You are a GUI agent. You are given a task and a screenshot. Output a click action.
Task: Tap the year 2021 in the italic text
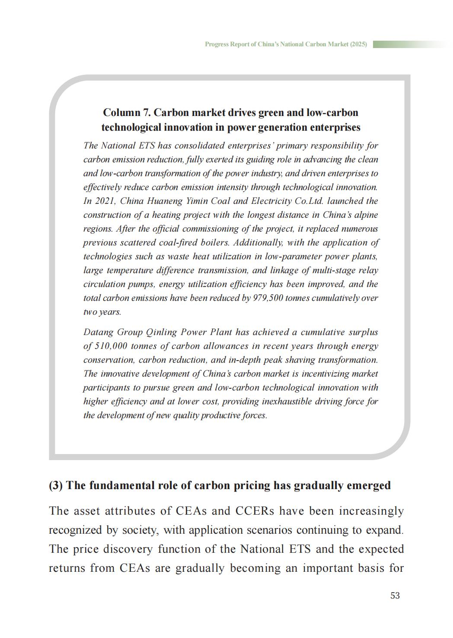pyautogui.click(x=105, y=201)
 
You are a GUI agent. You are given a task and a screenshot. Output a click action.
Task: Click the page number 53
pyautogui.click(x=395, y=596)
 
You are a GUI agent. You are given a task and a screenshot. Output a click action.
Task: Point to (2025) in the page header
pyautogui.click(x=358, y=44)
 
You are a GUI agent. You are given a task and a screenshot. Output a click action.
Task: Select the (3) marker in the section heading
pyautogui.click(x=56, y=485)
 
